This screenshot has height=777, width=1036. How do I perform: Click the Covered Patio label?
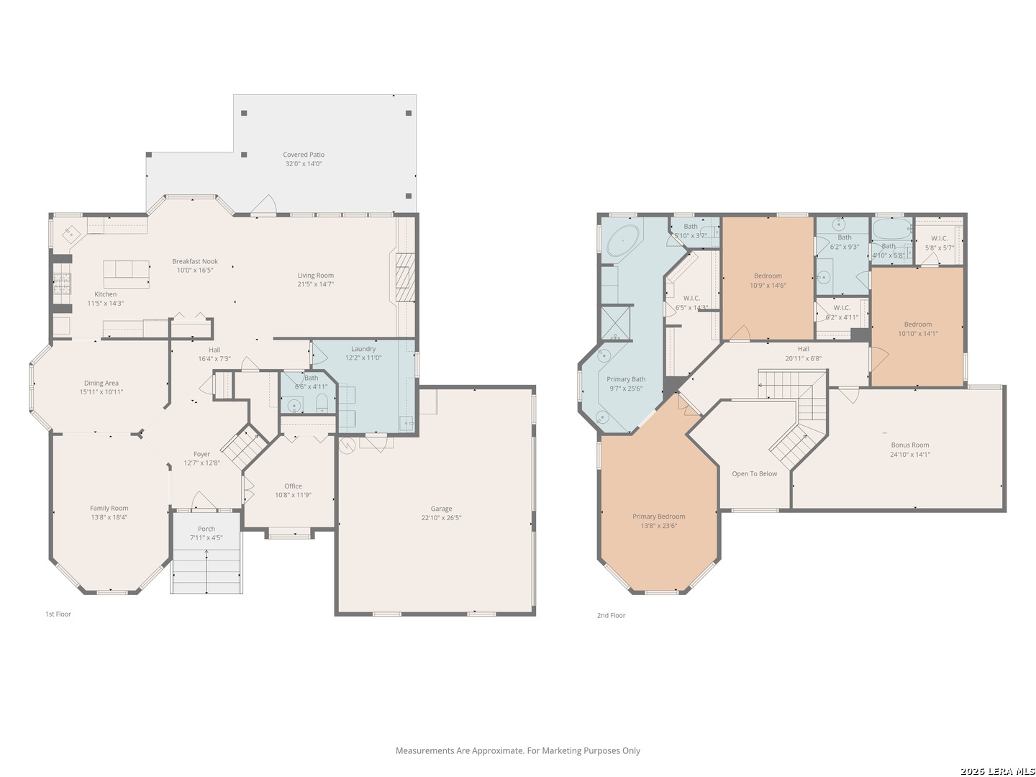tap(303, 155)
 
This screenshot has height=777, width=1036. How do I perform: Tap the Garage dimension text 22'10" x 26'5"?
tap(441, 517)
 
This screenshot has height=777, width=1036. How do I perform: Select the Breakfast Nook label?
tap(194, 262)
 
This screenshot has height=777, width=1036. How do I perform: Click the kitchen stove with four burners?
tap(62, 284)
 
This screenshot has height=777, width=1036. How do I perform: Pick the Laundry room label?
tap(363, 349)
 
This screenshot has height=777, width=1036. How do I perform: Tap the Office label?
tap(293, 486)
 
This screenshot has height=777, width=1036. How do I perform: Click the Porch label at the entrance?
tap(206, 529)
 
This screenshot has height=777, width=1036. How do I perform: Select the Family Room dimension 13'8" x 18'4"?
tap(109, 517)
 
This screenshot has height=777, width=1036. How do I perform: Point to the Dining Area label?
tap(101, 383)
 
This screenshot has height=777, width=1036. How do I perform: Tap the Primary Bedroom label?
tap(658, 517)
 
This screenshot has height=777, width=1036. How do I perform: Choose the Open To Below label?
tap(754, 474)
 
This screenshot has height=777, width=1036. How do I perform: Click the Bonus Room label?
tap(910, 445)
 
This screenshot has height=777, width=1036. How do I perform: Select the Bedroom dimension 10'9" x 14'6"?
tap(768, 285)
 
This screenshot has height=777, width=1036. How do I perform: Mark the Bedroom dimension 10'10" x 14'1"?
tap(918, 333)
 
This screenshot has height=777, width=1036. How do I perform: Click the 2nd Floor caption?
tap(611, 616)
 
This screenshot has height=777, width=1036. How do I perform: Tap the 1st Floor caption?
tap(58, 614)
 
